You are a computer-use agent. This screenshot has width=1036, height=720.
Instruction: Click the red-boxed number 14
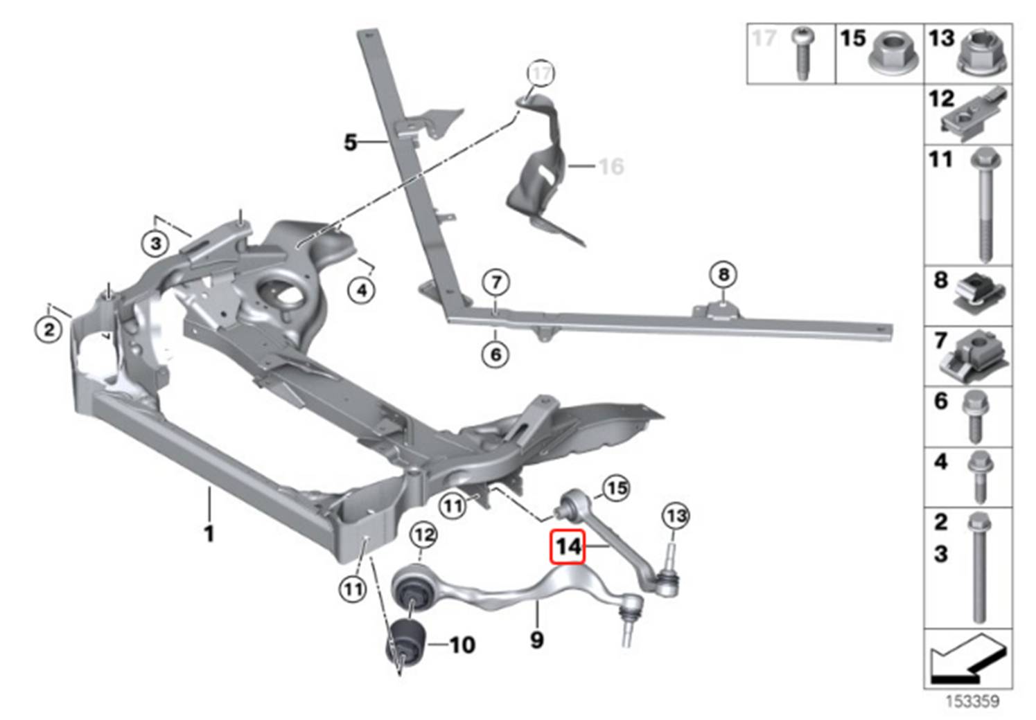pos(568,547)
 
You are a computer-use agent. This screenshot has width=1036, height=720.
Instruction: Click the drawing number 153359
pos(972,701)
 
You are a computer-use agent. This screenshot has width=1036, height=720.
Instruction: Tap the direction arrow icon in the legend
pos(967,658)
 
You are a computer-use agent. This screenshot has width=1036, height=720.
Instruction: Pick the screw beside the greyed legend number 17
pos(805,52)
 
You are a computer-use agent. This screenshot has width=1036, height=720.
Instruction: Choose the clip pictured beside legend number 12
pos(973,114)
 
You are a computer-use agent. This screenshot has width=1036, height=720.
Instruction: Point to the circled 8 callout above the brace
pos(723,275)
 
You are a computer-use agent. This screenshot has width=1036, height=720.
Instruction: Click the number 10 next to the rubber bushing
pos(462,645)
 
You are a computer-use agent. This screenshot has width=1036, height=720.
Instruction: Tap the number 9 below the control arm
pos(537,639)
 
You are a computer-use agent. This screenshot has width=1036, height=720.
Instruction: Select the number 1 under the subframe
pos(209,533)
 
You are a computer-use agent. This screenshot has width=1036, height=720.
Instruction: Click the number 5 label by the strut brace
pos(351,143)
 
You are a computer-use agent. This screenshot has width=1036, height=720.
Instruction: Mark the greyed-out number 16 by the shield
pos(611,166)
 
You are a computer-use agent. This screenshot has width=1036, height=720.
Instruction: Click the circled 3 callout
pos(156,244)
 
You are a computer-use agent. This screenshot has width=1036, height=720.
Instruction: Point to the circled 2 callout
pos(49,329)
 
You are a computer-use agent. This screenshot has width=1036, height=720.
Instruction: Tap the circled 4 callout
pos(362,290)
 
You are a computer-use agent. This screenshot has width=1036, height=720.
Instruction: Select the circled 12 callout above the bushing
pos(423,534)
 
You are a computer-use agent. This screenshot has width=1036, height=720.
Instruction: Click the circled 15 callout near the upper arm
pos(615,488)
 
